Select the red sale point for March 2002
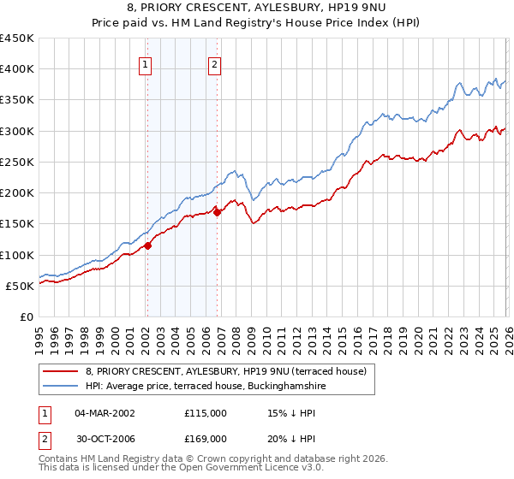(x=147, y=245)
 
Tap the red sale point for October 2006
(x=217, y=212)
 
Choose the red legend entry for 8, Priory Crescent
(x=226, y=371)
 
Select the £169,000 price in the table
(x=206, y=439)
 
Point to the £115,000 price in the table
(x=206, y=413)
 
